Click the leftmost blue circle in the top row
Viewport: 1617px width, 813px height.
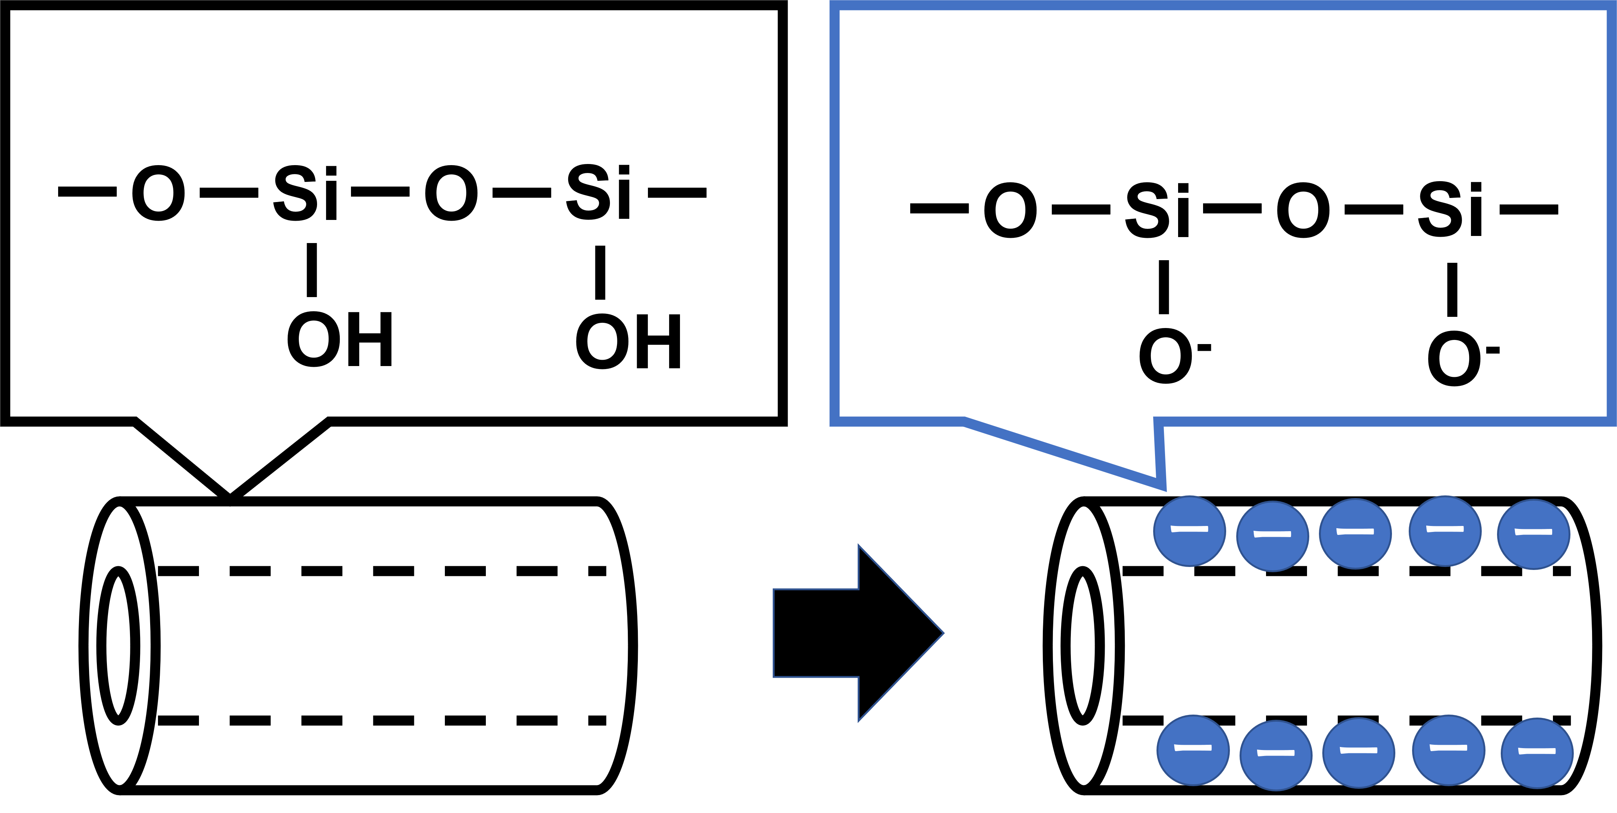pyautogui.click(x=1190, y=530)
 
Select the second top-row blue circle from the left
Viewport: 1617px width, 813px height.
pyautogui.click(x=1272, y=536)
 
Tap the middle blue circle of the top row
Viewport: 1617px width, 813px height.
pyautogui.click(x=1355, y=533)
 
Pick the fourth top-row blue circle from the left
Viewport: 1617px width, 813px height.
pyautogui.click(x=1445, y=530)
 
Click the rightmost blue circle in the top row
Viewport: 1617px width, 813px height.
pyautogui.click(x=1534, y=534)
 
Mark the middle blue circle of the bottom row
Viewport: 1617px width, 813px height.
pyautogui.click(x=1358, y=751)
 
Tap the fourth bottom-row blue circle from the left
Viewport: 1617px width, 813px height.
pyautogui.click(x=1449, y=749)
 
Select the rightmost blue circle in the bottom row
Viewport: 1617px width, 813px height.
pyautogui.click(x=1537, y=752)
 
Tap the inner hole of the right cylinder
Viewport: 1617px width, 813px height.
pyautogui.click(x=1083, y=645)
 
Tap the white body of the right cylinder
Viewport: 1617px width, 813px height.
pyautogui.click(x=1349, y=647)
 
